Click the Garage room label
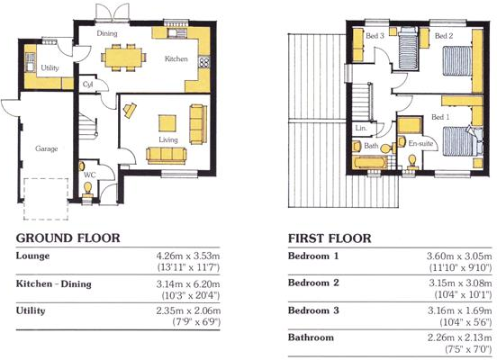coord(47,148)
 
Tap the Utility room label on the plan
coord(50,67)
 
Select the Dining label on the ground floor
coord(108,33)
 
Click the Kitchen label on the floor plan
coord(176,58)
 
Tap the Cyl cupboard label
coord(88,85)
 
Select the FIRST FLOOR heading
coord(330,238)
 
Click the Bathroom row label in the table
coord(311,337)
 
